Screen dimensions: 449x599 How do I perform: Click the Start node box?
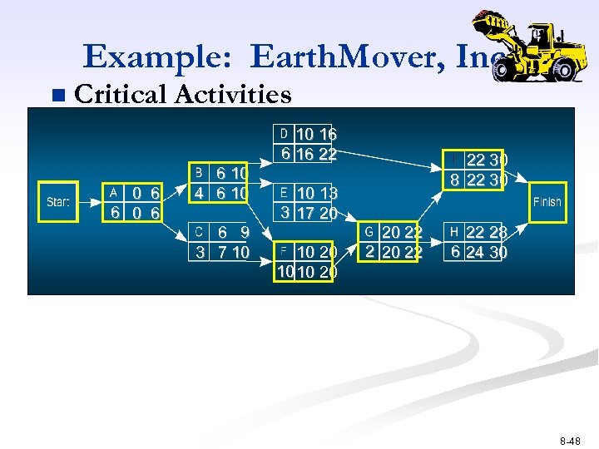[x=57, y=202]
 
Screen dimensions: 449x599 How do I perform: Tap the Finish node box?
[x=547, y=202]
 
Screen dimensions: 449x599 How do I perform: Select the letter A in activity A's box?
[x=114, y=192]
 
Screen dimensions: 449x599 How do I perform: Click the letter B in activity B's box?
[x=199, y=172]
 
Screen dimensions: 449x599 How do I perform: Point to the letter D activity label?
[x=284, y=134]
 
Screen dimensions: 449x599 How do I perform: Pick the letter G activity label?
[x=369, y=231]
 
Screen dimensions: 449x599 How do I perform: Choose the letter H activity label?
[x=454, y=231]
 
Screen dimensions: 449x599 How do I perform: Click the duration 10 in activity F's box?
[x=285, y=271]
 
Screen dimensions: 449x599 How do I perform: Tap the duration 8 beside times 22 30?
[x=454, y=180]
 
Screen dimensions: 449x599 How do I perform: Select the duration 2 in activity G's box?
[x=369, y=250]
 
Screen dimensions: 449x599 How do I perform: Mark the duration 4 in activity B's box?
[x=199, y=192]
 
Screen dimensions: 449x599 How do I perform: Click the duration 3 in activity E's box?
[x=284, y=212]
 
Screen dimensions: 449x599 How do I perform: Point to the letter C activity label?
[x=199, y=231]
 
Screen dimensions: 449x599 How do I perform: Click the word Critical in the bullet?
[x=121, y=95]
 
